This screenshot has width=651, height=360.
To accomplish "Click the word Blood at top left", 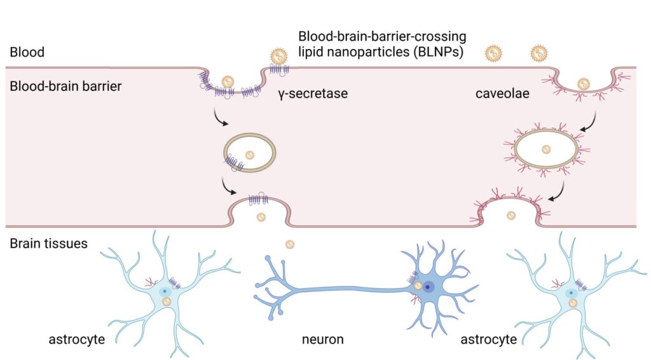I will pyautogui.click(x=27, y=52).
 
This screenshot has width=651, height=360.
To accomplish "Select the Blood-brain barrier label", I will pyautogui.click(x=65, y=85).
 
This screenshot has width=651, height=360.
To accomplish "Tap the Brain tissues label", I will pyautogui.click(x=49, y=243).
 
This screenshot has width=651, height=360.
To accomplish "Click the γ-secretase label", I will pyautogui.click(x=312, y=94).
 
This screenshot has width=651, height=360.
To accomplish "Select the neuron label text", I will pyautogui.click(x=323, y=339).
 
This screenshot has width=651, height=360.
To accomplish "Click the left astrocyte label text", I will pyautogui.click(x=77, y=339).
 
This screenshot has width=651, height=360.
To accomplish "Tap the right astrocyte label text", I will pyautogui.click(x=488, y=339).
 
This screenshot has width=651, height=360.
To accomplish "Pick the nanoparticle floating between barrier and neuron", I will pyautogui.click(x=290, y=244).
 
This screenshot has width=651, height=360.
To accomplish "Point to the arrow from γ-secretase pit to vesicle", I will pyautogui.click(x=221, y=118).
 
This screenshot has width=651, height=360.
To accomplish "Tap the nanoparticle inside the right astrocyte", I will pyautogui.click(x=573, y=303).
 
